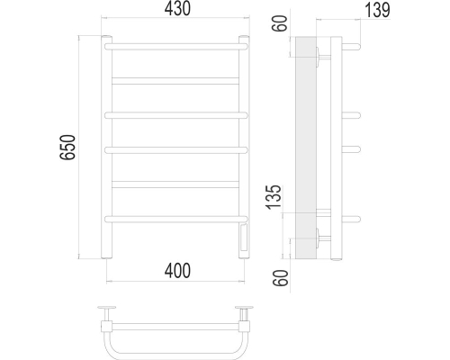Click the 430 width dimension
[x=177, y=9]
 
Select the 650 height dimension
[x=67, y=147]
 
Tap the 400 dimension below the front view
[x=177, y=271]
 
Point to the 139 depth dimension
[x=377, y=10]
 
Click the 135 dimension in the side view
[x=274, y=197]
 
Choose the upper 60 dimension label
[x=280, y=23]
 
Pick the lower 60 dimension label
[x=280, y=278]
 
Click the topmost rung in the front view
[x=176, y=47]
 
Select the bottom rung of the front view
[x=176, y=220]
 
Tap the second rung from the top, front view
[x=175, y=81]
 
